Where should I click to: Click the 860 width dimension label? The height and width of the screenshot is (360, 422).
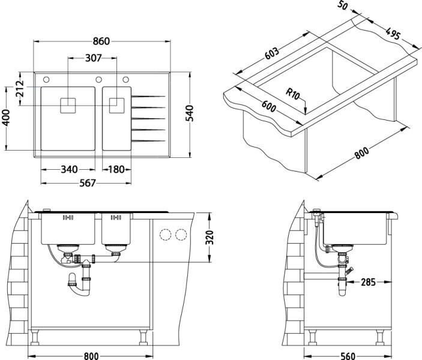click(x=101, y=41)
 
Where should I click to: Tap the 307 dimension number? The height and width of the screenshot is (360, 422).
click(x=94, y=58)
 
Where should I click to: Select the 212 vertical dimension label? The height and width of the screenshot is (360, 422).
click(x=20, y=89)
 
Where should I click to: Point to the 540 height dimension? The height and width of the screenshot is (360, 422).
click(x=190, y=113)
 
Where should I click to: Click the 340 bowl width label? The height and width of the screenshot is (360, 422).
click(x=69, y=170)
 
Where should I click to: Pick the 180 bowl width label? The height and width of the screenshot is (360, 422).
click(x=116, y=170)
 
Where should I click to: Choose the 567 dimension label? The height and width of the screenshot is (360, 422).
click(x=88, y=183)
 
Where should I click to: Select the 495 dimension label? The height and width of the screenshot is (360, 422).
click(x=393, y=34)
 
